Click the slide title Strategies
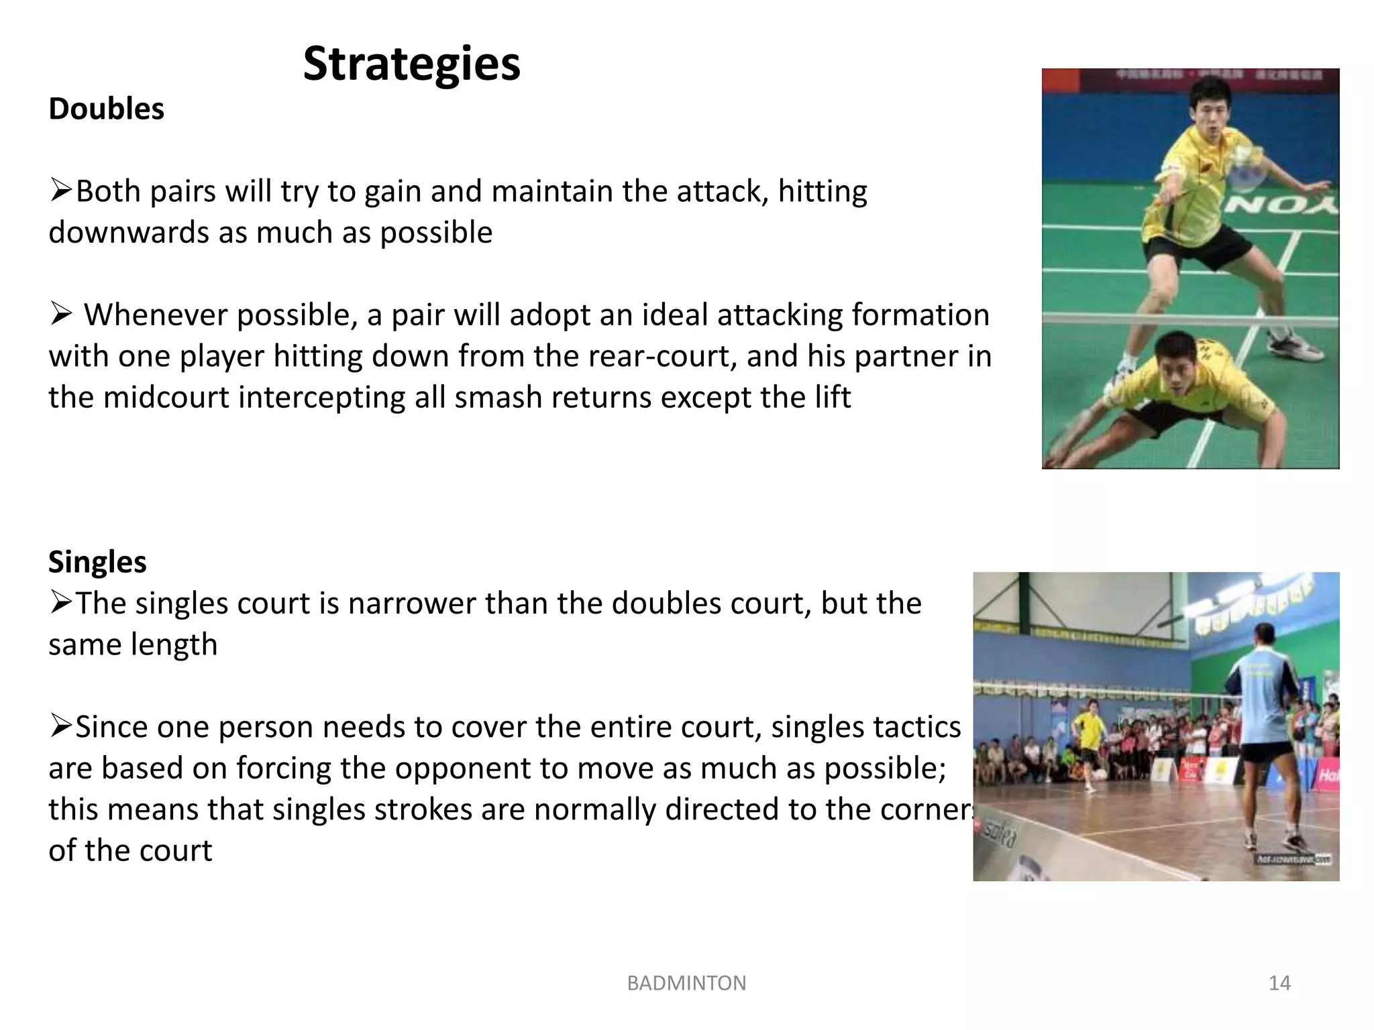(411, 64)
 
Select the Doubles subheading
(106, 109)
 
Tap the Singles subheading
(97, 562)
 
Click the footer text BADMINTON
(686, 983)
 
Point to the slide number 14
(1279, 983)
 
